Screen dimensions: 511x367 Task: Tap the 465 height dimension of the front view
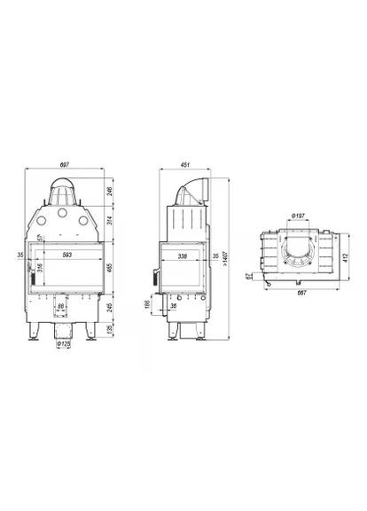click(107, 266)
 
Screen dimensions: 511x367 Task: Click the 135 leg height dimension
click(107, 329)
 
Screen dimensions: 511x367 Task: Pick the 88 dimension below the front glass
click(60, 307)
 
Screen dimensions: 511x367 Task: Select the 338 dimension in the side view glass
click(183, 255)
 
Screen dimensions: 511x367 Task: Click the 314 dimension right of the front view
click(107, 220)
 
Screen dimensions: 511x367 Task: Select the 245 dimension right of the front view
click(107, 307)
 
